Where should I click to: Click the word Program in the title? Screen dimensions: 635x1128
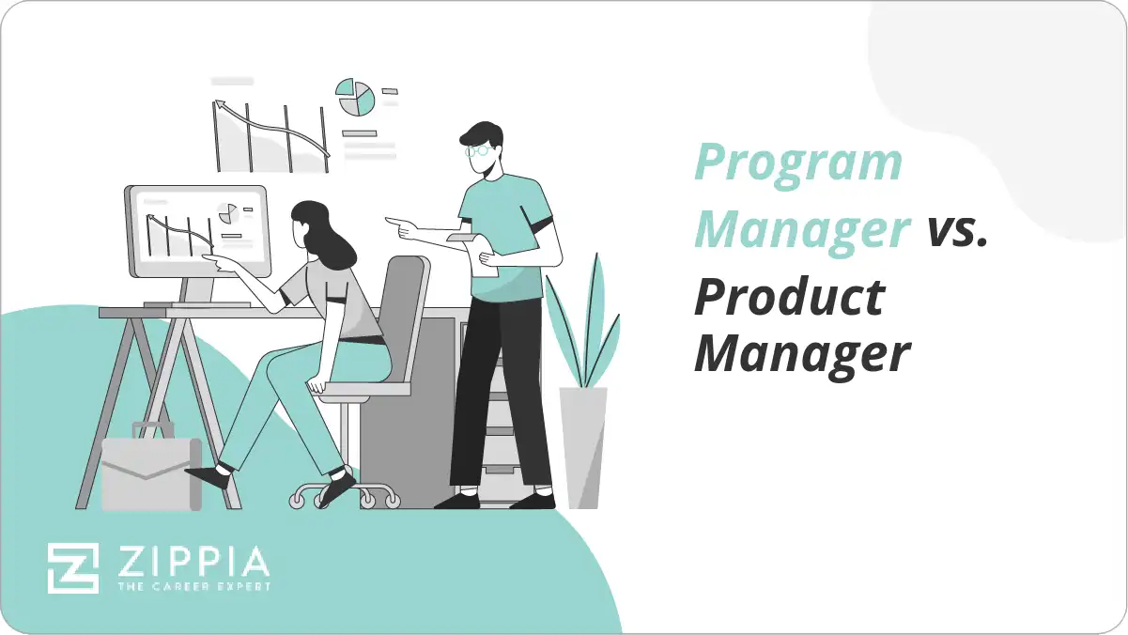point(797,165)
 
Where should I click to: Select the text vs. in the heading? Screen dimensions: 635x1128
point(957,230)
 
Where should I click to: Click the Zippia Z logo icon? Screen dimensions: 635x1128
point(73,568)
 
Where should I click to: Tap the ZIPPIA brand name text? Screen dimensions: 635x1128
point(193,562)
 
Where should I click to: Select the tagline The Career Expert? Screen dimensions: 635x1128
point(193,587)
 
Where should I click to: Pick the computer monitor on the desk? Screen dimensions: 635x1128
point(197,231)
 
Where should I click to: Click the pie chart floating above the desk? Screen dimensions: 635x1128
point(356,98)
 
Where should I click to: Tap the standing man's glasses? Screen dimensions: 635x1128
point(478,149)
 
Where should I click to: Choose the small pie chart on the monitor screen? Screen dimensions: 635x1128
point(226,213)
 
